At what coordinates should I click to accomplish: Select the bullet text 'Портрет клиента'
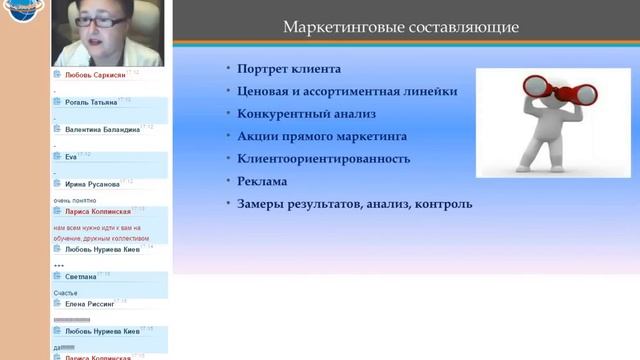pyautogui.click(x=289, y=70)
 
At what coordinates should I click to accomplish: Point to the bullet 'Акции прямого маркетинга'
pyautogui.click(x=322, y=136)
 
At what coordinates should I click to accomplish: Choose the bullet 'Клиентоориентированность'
pyautogui.click(x=324, y=159)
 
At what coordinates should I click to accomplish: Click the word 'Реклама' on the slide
pyautogui.click(x=262, y=181)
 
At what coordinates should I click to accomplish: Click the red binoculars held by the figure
pyautogui.click(x=544, y=93)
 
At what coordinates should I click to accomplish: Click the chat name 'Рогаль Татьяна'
pyautogui.click(x=90, y=102)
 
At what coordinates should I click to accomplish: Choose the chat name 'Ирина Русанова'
pyautogui.click(x=92, y=184)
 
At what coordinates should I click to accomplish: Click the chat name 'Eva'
pyautogui.click(x=70, y=156)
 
